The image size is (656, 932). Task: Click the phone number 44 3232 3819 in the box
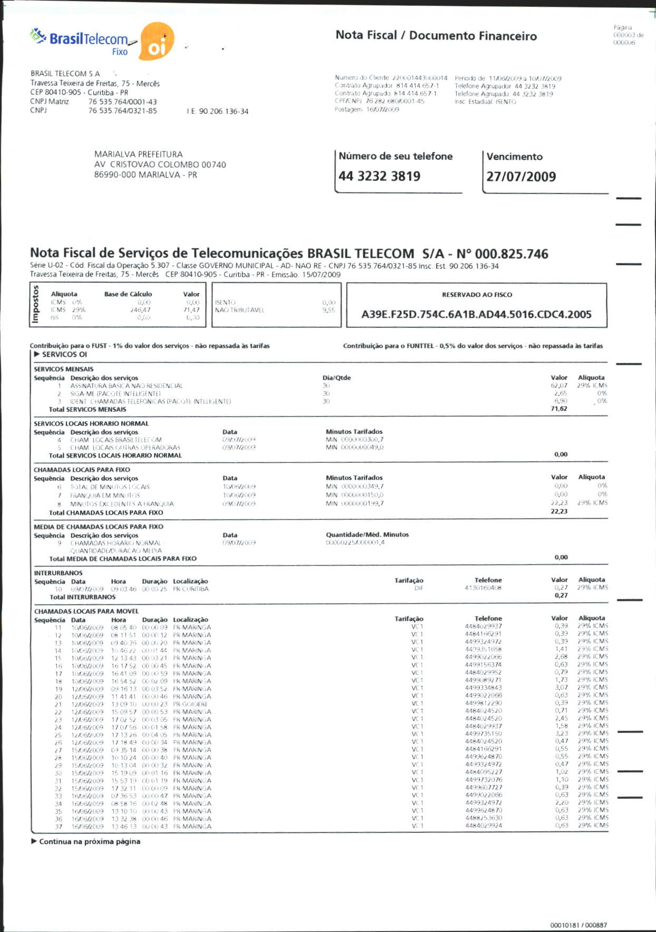point(380,176)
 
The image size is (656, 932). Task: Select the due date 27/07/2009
point(521,177)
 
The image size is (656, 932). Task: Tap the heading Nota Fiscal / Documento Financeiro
point(436,35)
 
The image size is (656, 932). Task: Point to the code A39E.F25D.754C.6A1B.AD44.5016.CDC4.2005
point(476,315)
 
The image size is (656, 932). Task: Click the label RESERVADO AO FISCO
point(477,295)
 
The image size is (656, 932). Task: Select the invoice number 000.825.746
point(512,254)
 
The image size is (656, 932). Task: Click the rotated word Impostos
point(36,305)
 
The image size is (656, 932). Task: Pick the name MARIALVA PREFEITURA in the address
point(139,154)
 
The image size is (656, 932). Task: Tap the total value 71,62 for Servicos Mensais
point(559,409)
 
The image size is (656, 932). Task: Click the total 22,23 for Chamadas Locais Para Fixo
point(559,511)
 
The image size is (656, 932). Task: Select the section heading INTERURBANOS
point(58,572)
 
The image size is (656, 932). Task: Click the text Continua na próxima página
point(90,841)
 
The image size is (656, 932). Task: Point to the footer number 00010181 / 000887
point(578,925)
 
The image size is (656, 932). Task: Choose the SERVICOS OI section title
point(64,354)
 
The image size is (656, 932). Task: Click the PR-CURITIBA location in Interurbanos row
point(191,589)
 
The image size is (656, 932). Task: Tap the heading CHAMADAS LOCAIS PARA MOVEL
point(86,611)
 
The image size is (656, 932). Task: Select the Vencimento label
point(514,157)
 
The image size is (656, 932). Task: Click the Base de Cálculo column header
point(128,294)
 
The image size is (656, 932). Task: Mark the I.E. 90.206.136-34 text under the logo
point(217,111)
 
